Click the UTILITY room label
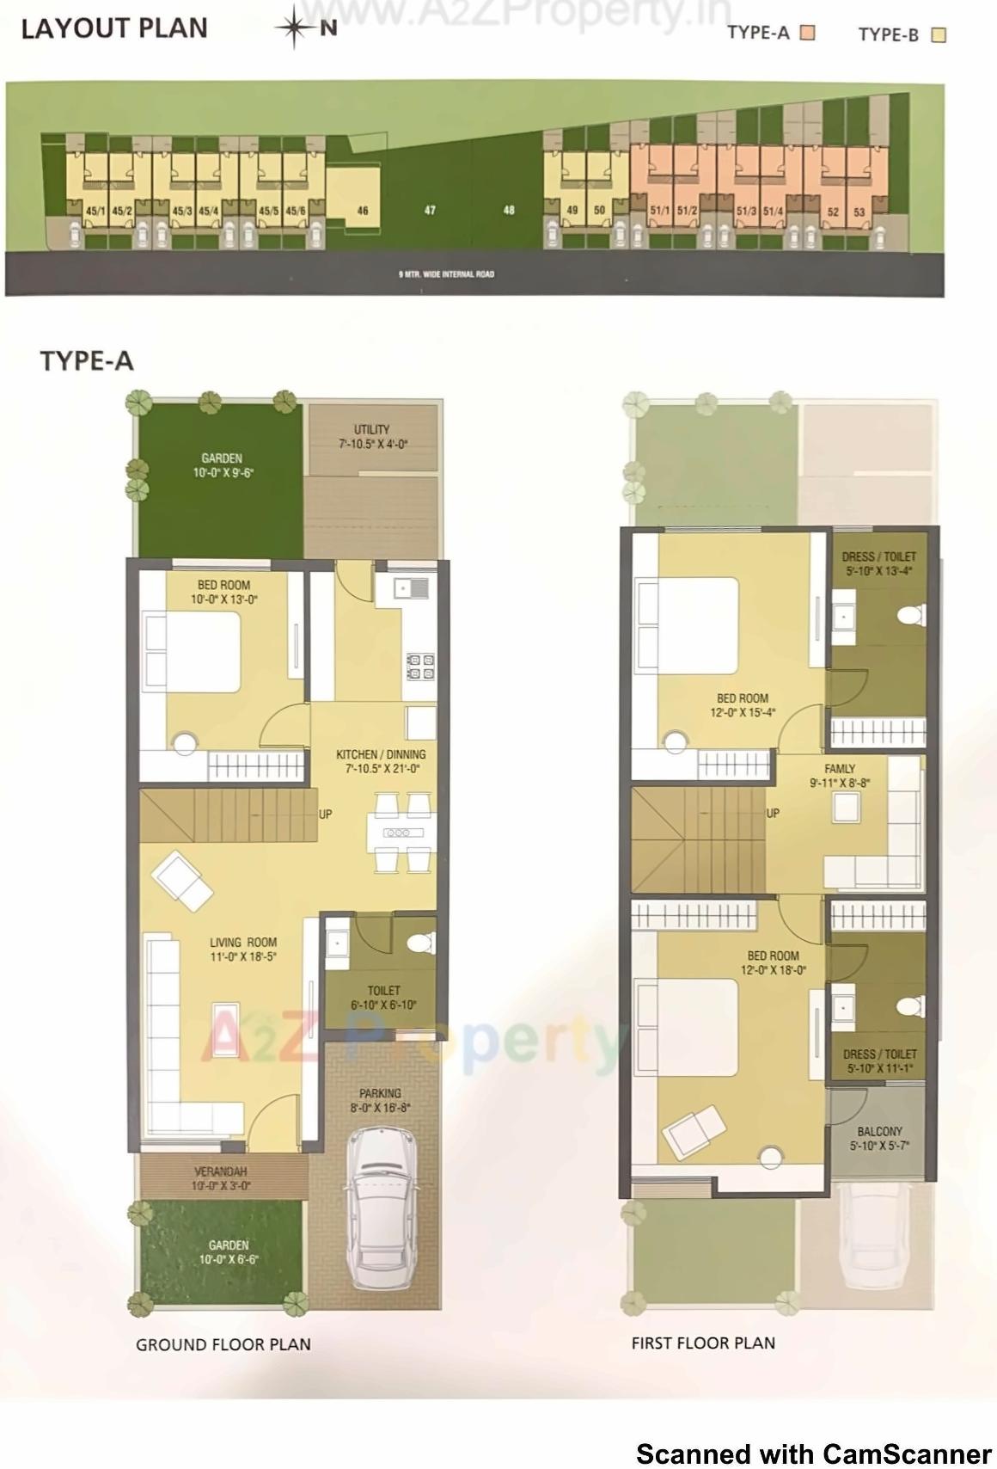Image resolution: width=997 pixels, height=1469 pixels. [x=371, y=429]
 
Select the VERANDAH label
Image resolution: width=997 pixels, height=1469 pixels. [x=220, y=1171]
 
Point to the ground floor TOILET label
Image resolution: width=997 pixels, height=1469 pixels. [x=383, y=991]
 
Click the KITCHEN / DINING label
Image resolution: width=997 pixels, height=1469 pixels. [x=380, y=754]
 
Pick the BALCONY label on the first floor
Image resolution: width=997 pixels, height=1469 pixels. [x=879, y=1132]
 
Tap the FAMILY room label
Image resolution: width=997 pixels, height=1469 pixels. [x=840, y=769]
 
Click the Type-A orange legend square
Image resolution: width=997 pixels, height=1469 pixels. [x=807, y=33]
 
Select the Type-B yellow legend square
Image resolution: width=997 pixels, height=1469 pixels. [x=939, y=34]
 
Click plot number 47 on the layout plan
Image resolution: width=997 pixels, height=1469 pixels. [x=430, y=210]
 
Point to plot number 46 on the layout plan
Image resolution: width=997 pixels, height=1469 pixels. [x=363, y=210]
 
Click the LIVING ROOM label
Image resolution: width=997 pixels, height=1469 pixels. [x=243, y=943]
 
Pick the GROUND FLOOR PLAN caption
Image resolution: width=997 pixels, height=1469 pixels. [x=223, y=1344]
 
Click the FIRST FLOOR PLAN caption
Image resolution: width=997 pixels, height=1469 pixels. [x=703, y=1343]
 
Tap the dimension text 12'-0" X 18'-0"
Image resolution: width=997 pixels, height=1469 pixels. [x=773, y=970]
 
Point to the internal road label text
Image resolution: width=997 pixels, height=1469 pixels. [x=446, y=274]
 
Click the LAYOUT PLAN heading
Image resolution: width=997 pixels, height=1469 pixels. [x=114, y=28]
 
